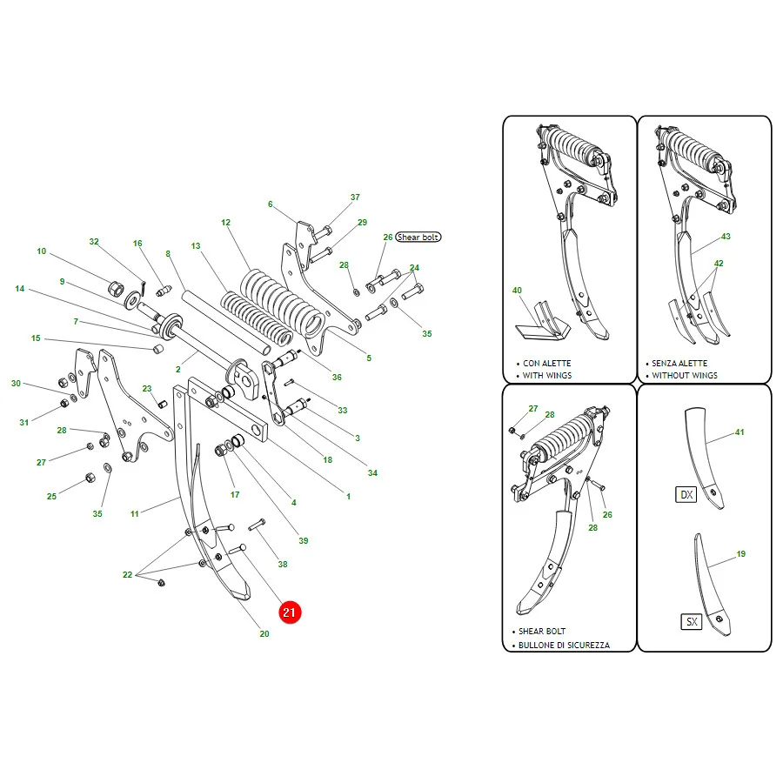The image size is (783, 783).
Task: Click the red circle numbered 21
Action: (x=290, y=612)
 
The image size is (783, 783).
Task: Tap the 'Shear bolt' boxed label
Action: (x=418, y=238)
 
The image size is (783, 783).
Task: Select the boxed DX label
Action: (x=686, y=494)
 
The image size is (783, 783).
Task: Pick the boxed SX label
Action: (x=692, y=622)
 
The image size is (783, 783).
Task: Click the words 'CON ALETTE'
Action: (x=547, y=363)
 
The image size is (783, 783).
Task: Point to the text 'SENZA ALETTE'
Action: (x=679, y=363)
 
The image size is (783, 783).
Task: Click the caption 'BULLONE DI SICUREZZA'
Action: (x=564, y=645)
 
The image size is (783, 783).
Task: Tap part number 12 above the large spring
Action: (x=225, y=222)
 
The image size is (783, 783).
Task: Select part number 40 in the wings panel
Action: (x=517, y=290)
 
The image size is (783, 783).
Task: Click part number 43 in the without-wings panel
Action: (x=726, y=236)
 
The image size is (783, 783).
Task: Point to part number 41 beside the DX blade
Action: (x=739, y=432)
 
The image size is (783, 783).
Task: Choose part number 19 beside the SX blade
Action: (x=741, y=554)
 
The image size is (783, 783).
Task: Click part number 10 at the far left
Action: (x=42, y=251)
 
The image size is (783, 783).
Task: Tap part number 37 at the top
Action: (x=355, y=197)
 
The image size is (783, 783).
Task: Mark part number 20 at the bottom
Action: (x=264, y=633)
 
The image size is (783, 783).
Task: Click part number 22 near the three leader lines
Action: (x=127, y=575)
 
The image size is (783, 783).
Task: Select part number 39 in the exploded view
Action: (x=303, y=540)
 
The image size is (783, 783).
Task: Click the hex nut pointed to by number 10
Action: (x=116, y=288)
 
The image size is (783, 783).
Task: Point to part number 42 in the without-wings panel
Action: (x=719, y=263)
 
